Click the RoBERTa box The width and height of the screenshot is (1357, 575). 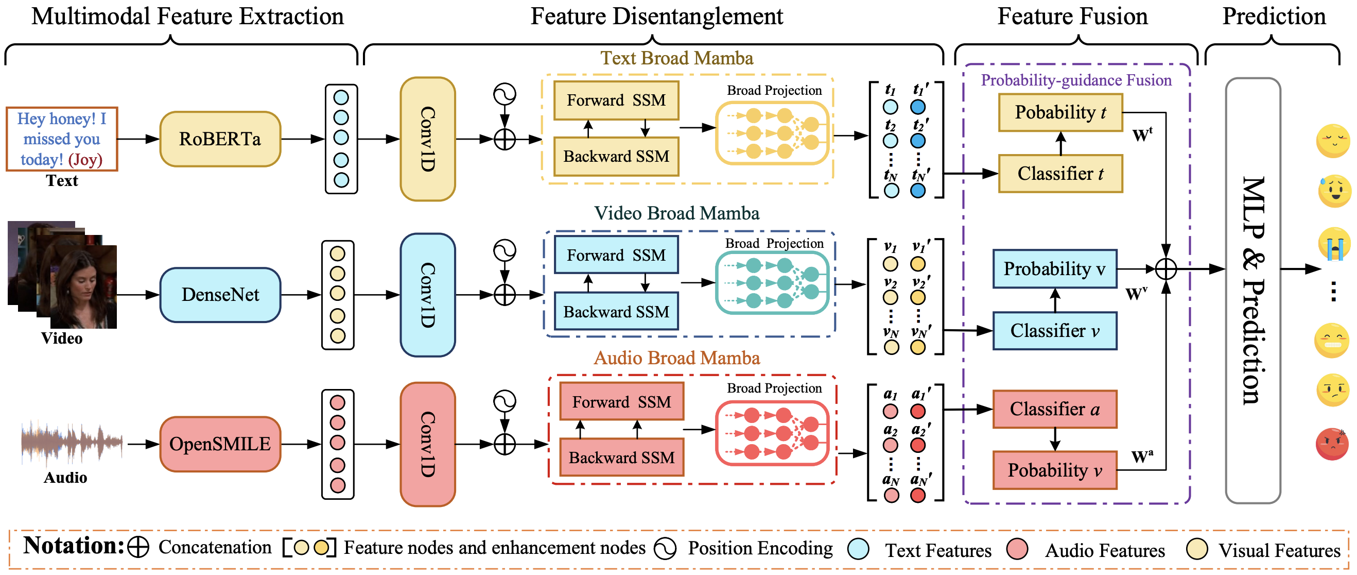click(220, 139)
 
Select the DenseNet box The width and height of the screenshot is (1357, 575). click(220, 295)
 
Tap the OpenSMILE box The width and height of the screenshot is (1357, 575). click(220, 444)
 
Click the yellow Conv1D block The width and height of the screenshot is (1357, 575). click(428, 139)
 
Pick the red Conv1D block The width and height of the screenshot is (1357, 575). click(428, 444)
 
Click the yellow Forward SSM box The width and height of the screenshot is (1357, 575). click(616, 100)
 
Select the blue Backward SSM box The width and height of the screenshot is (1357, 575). click(616, 312)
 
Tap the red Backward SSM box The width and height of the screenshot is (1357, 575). click(621, 458)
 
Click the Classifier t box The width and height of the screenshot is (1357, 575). click(1060, 174)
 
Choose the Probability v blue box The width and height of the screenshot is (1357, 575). click(1055, 269)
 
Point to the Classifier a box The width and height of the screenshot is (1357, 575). click(1055, 409)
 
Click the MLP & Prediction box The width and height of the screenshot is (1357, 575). click(1252, 291)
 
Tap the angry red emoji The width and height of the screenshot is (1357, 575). click(1332, 444)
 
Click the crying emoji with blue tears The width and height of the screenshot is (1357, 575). click(1334, 244)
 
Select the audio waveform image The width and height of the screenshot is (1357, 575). click(72, 443)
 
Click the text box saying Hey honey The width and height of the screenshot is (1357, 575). click(62, 139)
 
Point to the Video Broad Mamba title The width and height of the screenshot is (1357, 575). click(676, 213)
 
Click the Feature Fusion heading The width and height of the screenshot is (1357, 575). click(1072, 16)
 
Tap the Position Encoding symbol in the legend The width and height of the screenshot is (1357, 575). click(665, 549)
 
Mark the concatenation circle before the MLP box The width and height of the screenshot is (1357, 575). click(1166, 269)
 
